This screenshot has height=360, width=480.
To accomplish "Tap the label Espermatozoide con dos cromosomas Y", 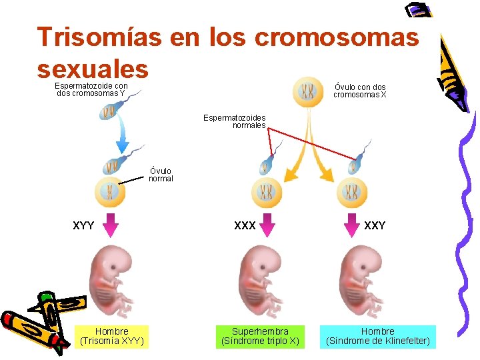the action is click(x=91, y=89).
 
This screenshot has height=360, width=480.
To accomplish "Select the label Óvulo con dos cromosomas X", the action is click(x=360, y=91).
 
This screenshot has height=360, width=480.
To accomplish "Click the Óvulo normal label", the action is click(x=161, y=175).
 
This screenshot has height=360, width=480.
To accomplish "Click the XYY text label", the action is click(x=83, y=226).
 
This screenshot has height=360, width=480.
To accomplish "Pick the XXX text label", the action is click(x=245, y=226).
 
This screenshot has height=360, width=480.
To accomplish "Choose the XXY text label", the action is click(x=375, y=226).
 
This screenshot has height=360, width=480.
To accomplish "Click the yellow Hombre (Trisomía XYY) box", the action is click(x=112, y=336).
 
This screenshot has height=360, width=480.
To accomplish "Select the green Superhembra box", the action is click(x=260, y=336).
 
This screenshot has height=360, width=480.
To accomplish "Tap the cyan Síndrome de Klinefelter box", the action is click(x=377, y=336).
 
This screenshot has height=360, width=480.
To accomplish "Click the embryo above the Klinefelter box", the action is click(x=360, y=281).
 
